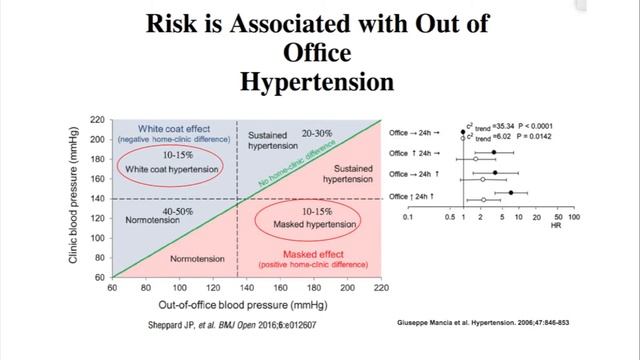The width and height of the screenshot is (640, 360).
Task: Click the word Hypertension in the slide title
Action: [x=319, y=81]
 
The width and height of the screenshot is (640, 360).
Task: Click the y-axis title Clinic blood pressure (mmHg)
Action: [x=75, y=198]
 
